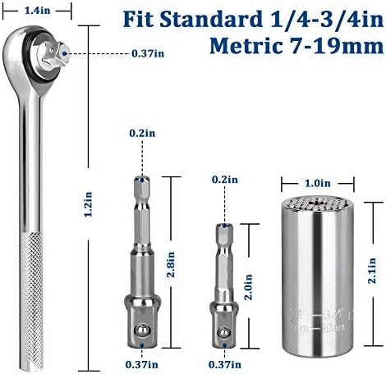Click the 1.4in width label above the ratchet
coord(38,11)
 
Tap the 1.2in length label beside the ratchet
coord(88,204)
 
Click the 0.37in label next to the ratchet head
coord(148,53)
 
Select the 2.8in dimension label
coord(171,264)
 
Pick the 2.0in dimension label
coord(248,287)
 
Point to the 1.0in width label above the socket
coord(318,183)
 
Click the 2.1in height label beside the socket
coord(372,271)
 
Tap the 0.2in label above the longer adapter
coord(142,134)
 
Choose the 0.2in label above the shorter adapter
coord(225,180)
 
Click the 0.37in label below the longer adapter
coord(142,364)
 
